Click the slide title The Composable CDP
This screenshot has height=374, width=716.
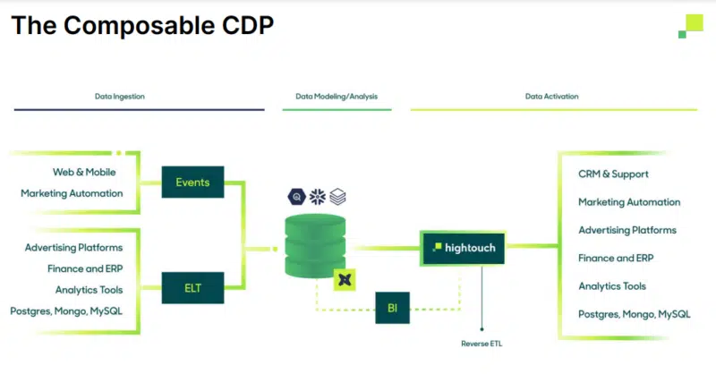[142, 25]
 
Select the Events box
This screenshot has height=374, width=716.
[192, 183]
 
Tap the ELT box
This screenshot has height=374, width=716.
[192, 288]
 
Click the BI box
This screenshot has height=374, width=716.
[392, 307]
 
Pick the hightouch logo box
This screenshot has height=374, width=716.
[463, 247]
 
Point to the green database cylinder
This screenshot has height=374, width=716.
[315, 245]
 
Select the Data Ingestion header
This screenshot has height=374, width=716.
[120, 96]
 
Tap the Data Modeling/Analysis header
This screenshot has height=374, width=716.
[337, 96]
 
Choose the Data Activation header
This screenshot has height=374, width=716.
[551, 96]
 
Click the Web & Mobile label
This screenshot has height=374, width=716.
[84, 172]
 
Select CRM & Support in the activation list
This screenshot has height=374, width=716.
[613, 174]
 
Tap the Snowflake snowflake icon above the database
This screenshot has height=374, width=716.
[317, 197]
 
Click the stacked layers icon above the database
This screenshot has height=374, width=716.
[337, 197]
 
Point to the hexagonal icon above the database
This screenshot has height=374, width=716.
[296, 197]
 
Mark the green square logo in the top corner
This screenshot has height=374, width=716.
[690, 26]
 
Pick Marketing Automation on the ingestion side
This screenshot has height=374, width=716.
[72, 193]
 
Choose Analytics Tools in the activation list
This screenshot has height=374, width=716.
[612, 286]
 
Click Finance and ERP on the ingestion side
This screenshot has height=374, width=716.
[85, 268]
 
